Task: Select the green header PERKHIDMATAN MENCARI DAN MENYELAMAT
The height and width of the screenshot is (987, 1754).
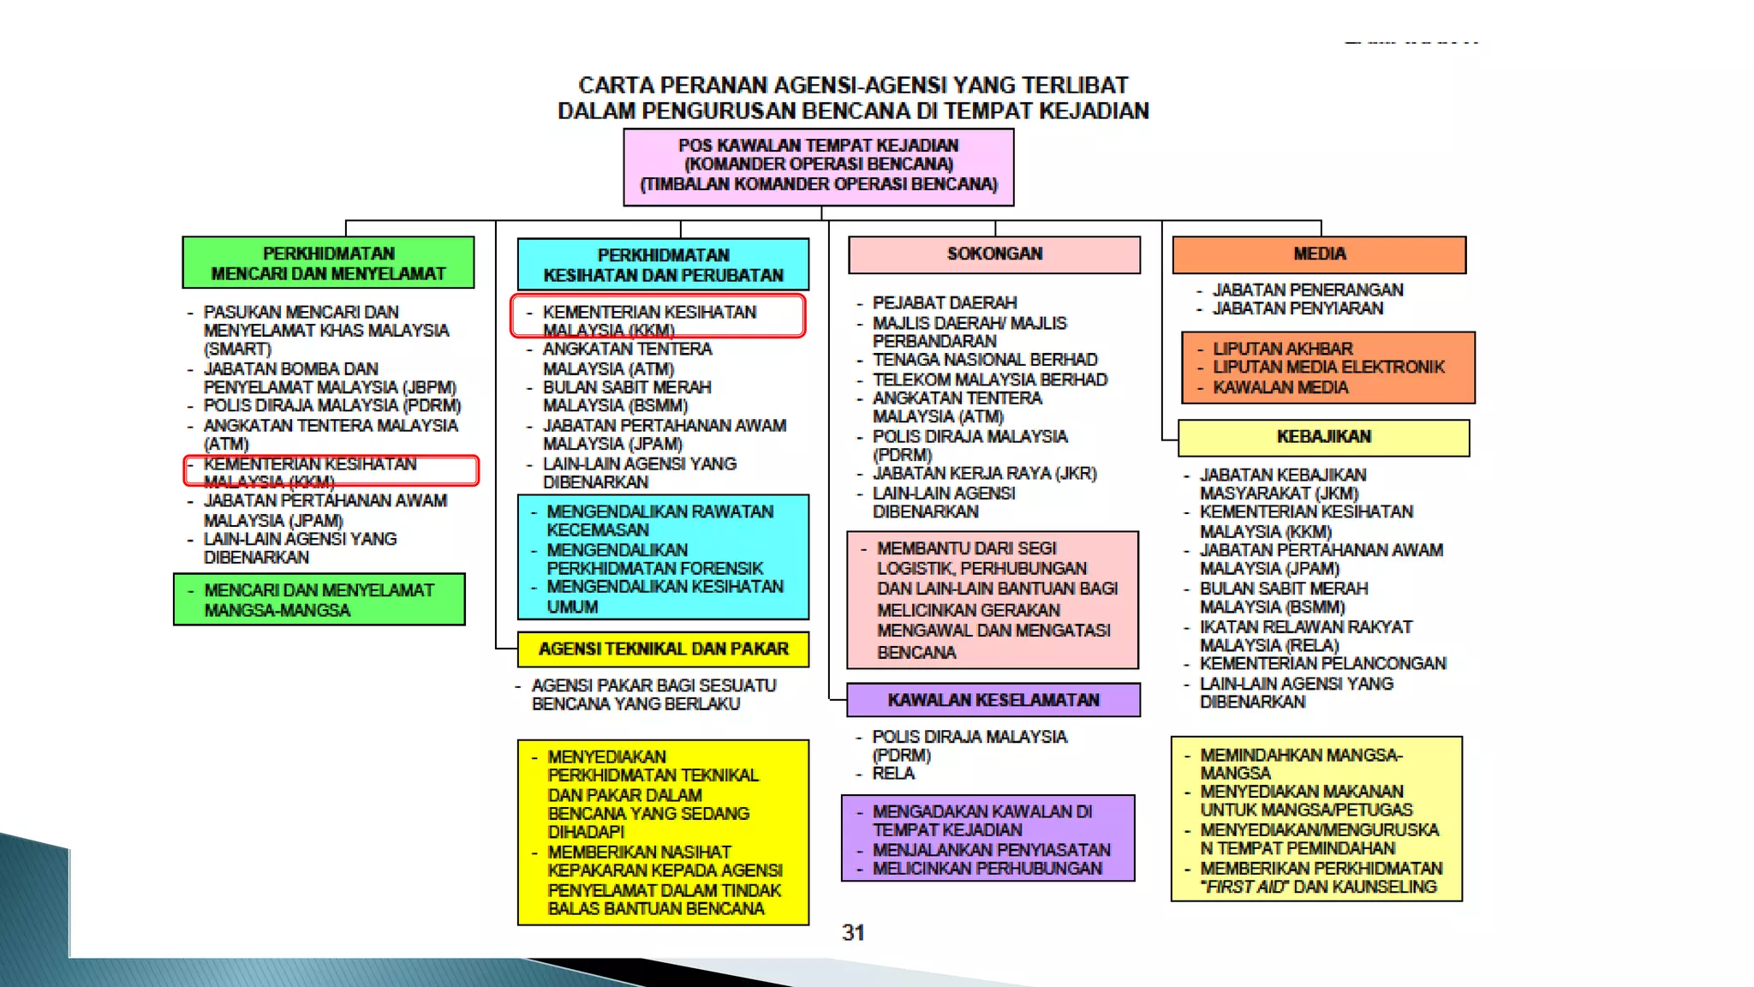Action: pos(328,263)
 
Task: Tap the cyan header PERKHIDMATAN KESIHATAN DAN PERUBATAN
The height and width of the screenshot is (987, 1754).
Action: pos(663,265)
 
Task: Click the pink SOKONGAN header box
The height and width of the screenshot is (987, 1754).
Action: pos(994,254)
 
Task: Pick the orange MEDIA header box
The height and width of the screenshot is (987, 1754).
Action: pos(1319,254)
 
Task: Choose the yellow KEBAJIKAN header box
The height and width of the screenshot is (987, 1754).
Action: pos(1323,437)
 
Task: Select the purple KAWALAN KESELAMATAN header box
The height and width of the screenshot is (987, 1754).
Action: pos(993,700)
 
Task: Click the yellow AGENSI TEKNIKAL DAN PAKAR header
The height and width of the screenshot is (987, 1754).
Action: pos(663,649)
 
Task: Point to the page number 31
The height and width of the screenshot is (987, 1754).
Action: pos(853,932)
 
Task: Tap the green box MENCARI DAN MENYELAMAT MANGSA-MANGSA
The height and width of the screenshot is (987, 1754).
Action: pos(319,600)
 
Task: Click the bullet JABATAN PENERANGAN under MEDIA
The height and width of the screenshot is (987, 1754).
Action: pos(1308,290)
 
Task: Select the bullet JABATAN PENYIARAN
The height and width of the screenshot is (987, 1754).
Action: pos(1298,308)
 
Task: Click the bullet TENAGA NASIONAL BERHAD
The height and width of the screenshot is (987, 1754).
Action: pos(985,360)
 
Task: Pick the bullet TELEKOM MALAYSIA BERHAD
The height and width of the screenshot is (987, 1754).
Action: pos(990,380)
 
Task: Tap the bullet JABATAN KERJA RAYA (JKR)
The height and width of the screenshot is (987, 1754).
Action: pos(984,474)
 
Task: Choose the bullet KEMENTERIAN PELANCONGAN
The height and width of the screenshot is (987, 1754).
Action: pos(1322,664)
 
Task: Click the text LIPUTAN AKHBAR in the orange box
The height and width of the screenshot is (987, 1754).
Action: pos(1283,349)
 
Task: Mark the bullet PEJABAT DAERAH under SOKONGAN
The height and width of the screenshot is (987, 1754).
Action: pos(945,303)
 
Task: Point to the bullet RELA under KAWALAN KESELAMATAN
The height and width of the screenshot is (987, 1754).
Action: pos(893,774)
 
